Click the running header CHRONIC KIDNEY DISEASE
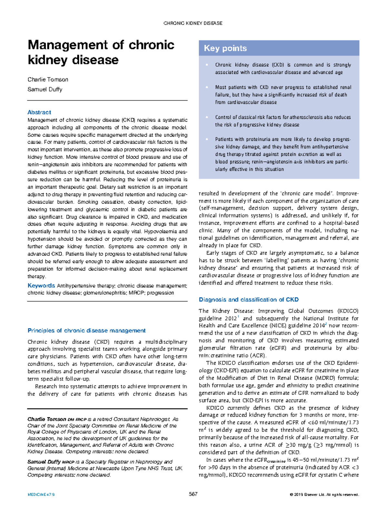tap(193, 23)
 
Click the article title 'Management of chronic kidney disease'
tap(101, 52)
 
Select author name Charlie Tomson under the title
tap(48, 79)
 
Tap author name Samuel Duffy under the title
tap(45, 89)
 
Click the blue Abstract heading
tap(39, 112)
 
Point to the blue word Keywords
tap(41, 286)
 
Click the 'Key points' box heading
tap(225, 48)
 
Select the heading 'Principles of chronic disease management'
tap(86, 330)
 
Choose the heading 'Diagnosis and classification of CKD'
tap(249, 299)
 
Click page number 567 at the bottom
tap(193, 494)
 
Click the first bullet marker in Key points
tap(207, 65)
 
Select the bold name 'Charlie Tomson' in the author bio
tap(47, 419)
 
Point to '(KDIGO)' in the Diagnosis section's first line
tap(348, 311)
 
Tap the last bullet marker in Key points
tap(207, 139)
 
